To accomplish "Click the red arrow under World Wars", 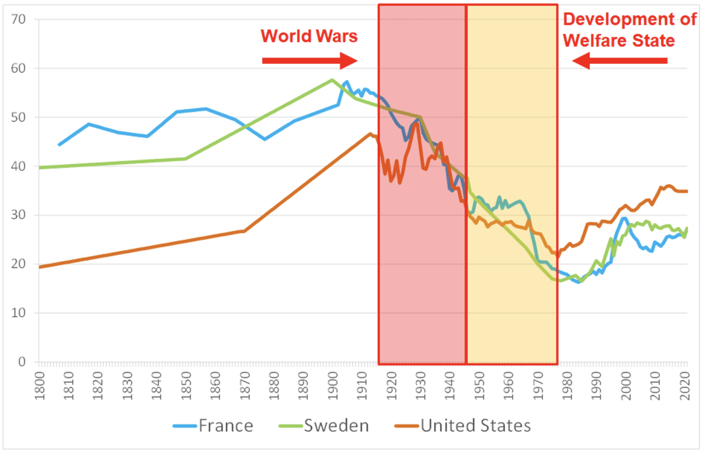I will coord(310,61).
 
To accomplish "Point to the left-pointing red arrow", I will coord(620,61).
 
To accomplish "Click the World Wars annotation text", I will coord(309,36).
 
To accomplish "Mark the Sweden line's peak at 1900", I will coord(332,80).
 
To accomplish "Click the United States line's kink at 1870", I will coord(244,231).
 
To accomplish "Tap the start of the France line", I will coord(59,145).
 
